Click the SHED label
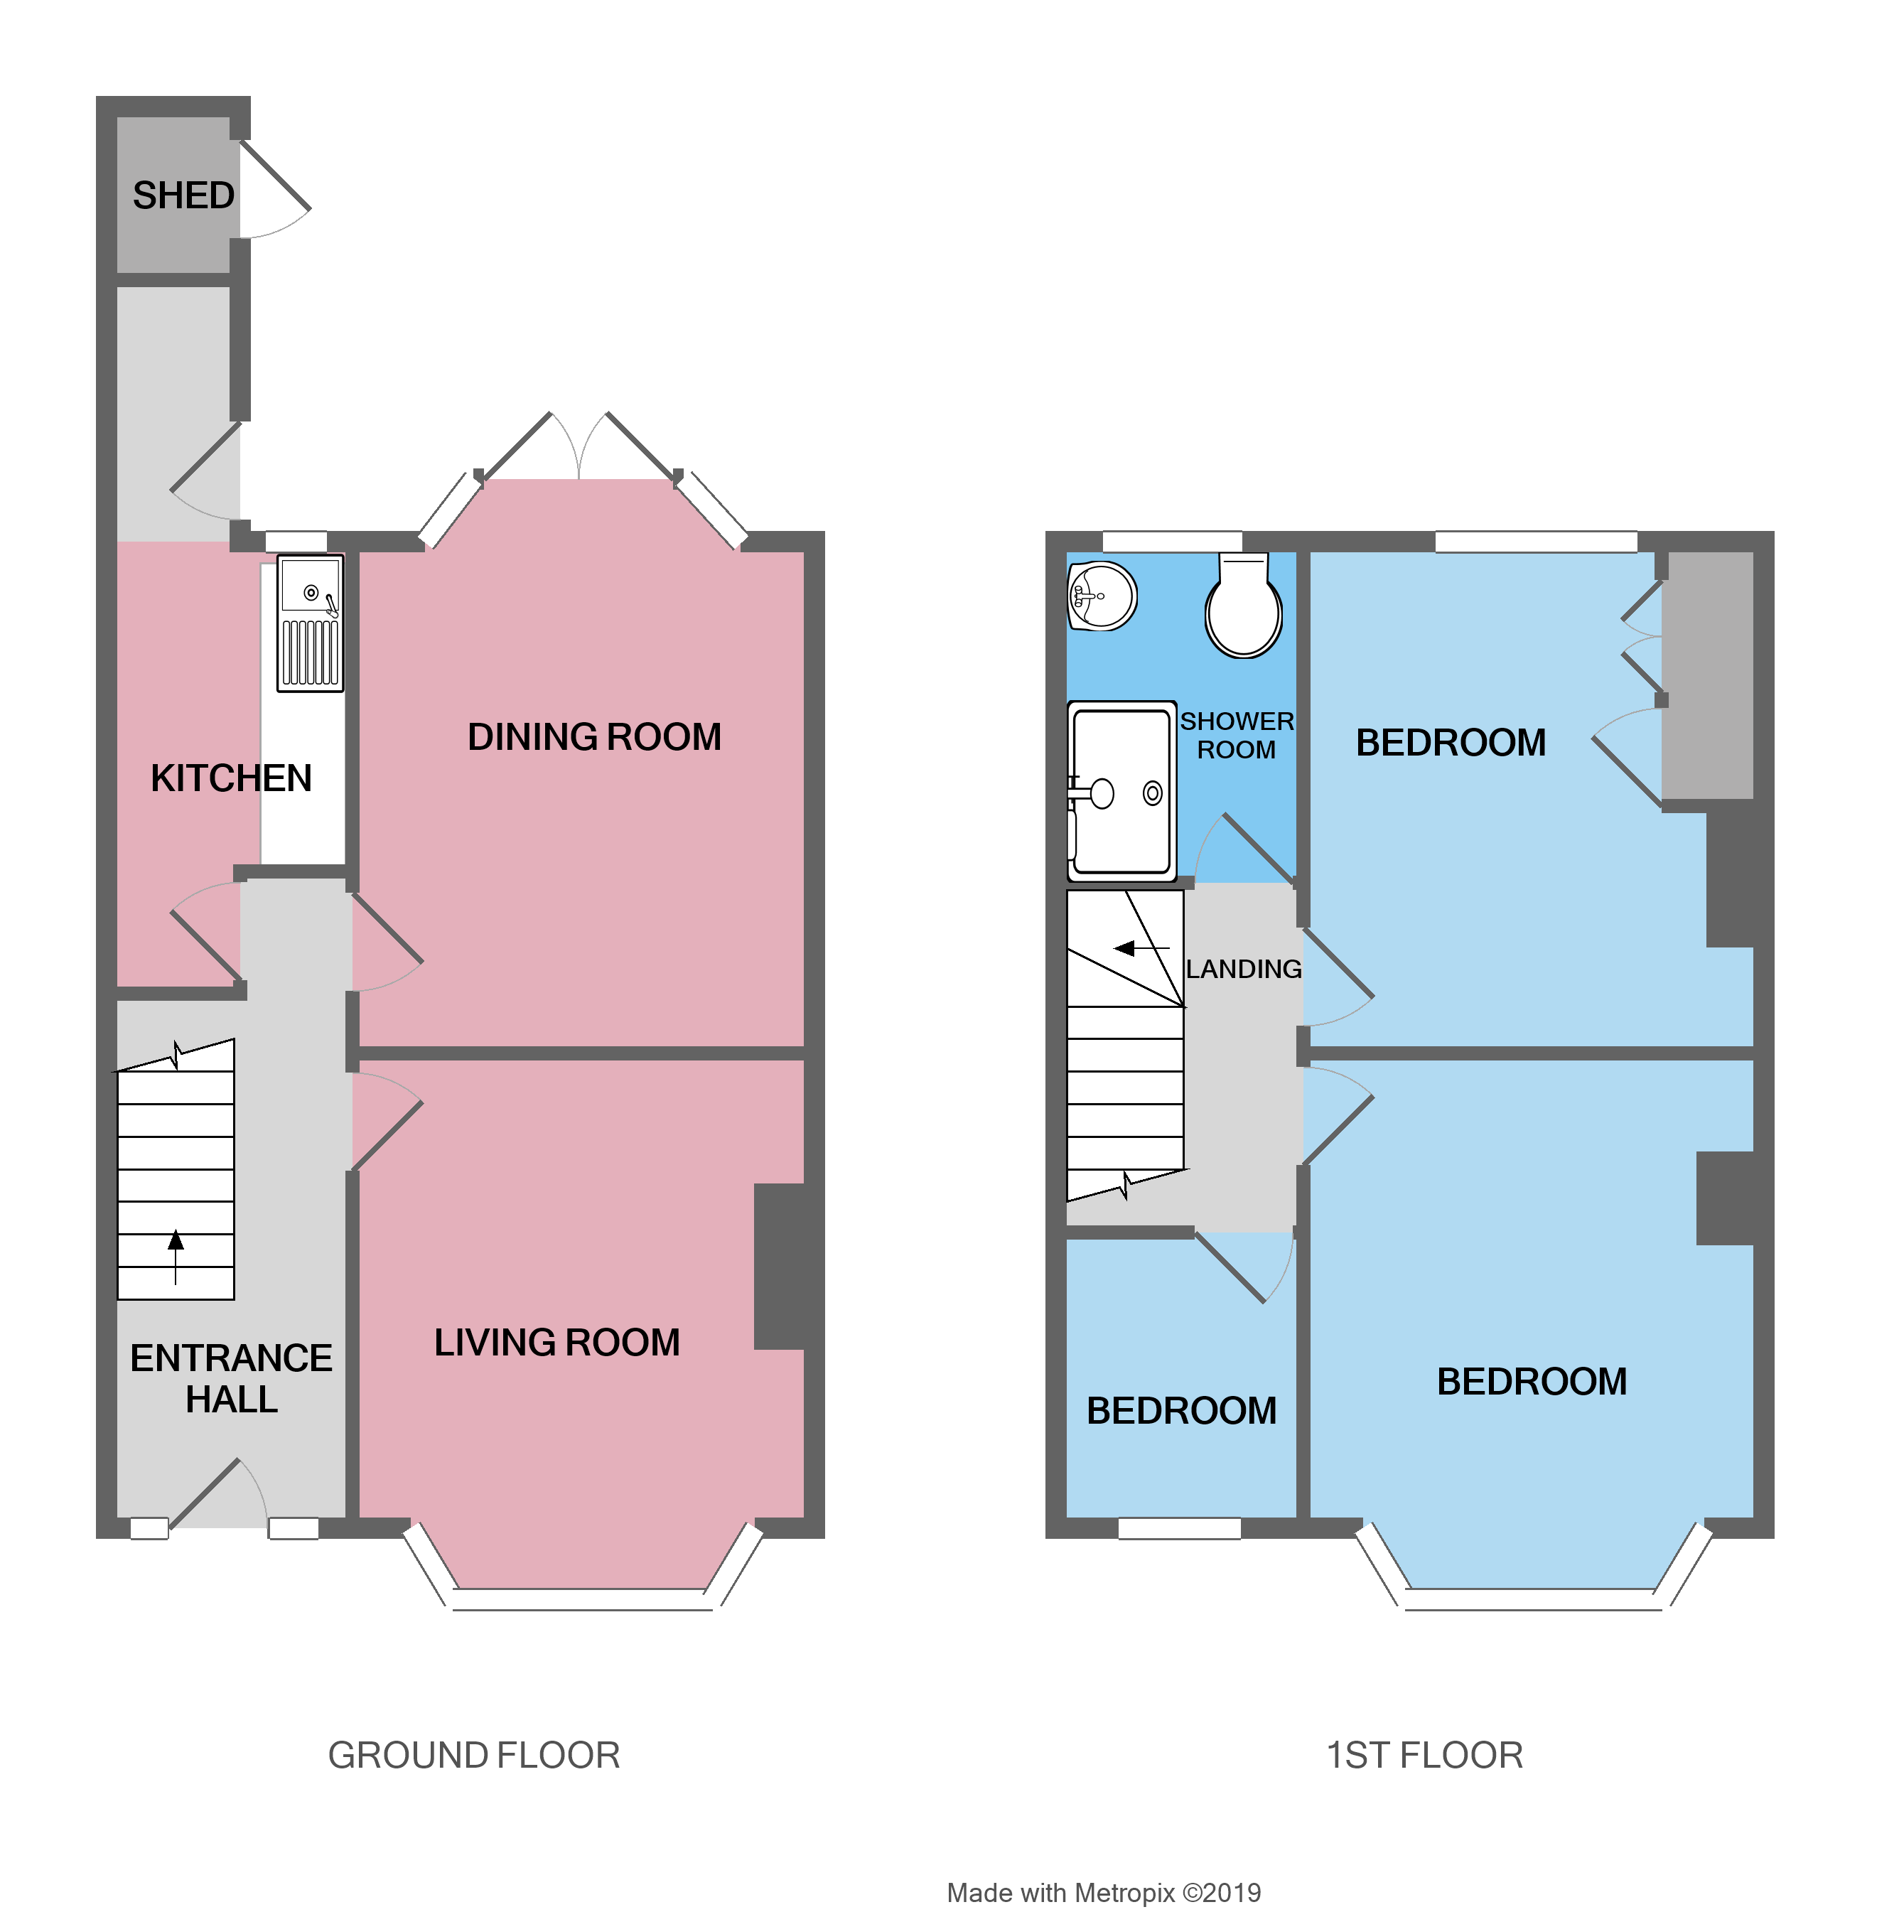183,196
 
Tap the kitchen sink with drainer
310,623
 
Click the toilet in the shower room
1243,608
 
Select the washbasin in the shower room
1102,596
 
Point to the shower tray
1121,792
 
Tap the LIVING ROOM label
556,1343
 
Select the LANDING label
1243,969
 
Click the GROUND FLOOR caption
473,1756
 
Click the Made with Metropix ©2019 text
1104,1892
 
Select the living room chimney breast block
780,1267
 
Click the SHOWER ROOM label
1236,736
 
